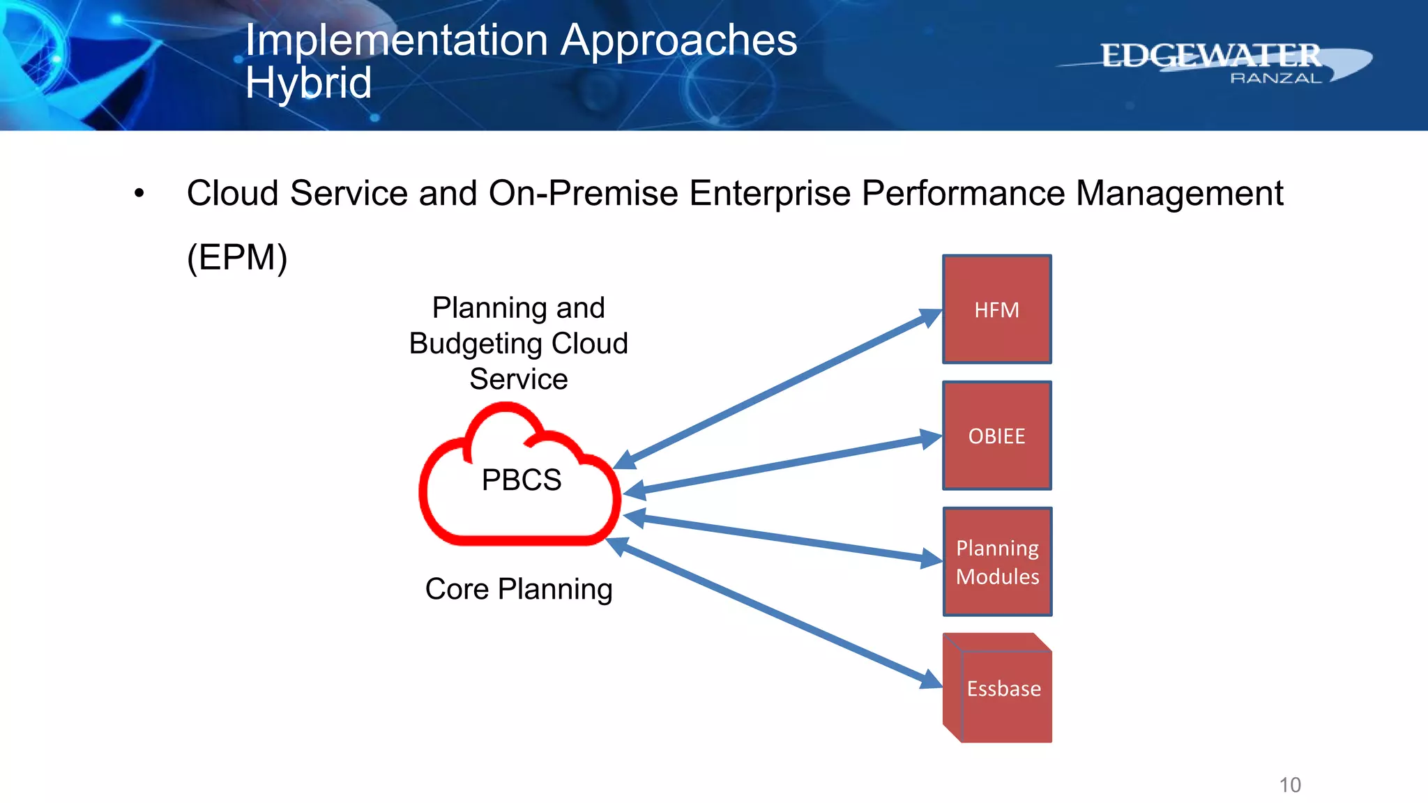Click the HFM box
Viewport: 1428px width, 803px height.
point(996,309)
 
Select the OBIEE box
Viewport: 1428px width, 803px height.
point(996,436)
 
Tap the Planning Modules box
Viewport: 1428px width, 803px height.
point(997,562)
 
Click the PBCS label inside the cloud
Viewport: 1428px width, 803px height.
point(522,480)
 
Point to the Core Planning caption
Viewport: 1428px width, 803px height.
point(519,590)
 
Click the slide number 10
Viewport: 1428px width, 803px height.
point(1290,785)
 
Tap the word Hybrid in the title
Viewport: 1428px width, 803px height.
point(308,83)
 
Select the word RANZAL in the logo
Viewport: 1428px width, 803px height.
point(1276,79)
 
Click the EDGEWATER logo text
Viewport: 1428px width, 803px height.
point(1210,56)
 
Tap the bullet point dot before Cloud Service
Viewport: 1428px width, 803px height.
point(139,194)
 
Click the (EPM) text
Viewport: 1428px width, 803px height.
point(237,257)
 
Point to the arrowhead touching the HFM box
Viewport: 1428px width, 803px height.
point(930,317)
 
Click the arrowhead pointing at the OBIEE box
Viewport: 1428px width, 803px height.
point(930,438)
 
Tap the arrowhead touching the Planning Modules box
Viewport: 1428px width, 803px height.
point(931,558)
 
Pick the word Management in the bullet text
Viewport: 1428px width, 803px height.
point(1179,194)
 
